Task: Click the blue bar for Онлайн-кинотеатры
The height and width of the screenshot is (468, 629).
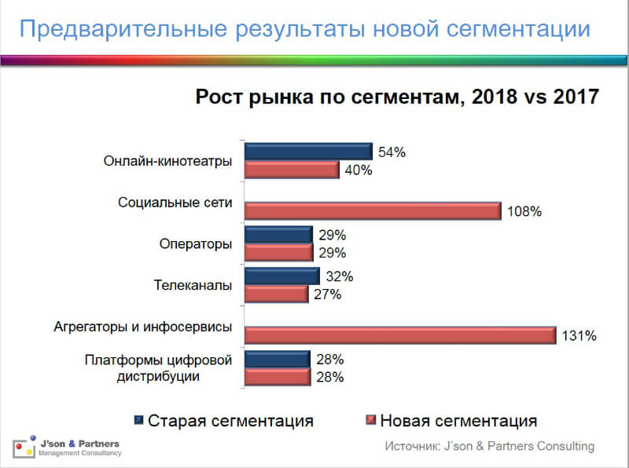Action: (308, 152)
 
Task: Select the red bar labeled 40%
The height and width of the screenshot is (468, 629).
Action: (292, 170)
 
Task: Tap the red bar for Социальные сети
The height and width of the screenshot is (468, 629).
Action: (373, 210)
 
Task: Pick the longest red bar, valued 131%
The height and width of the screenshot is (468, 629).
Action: (400, 335)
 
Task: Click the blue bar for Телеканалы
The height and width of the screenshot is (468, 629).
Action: (281, 276)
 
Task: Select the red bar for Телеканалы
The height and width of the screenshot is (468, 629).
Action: (276, 294)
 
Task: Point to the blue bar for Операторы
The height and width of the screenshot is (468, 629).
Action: (278, 235)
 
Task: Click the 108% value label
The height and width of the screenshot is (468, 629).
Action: (524, 211)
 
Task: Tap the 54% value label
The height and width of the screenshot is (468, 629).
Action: (392, 152)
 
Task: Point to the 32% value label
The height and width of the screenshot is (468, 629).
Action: (339, 276)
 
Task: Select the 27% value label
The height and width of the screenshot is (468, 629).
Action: (327, 294)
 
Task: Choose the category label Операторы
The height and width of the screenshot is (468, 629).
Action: (195, 243)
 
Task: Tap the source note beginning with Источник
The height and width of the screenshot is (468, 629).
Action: (489, 446)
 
